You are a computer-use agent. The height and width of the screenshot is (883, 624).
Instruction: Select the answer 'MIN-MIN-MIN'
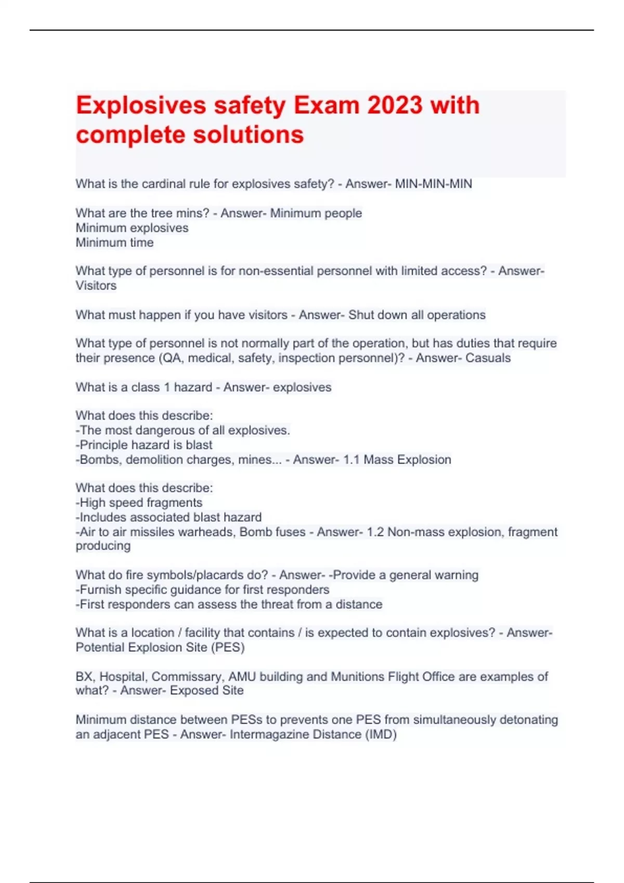pyautogui.click(x=433, y=184)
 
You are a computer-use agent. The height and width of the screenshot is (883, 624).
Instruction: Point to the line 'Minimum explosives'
pyautogui.click(x=132, y=228)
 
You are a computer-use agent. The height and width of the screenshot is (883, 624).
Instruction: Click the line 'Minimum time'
pyautogui.click(x=114, y=243)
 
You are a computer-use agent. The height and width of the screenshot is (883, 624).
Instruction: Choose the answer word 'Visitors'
pyautogui.click(x=96, y=286)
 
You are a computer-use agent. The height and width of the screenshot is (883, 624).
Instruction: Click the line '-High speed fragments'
pyautogui.click(x=139, y=502)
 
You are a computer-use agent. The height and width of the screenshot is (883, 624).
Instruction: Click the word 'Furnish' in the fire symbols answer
pyautogui.click(x=101, y=590)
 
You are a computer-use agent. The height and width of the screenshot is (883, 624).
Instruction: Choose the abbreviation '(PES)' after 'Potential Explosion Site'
pyautogui.click(x=228, y=647)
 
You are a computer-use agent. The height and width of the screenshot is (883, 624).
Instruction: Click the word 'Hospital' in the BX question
pyautogui.click(x=123, y=676)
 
